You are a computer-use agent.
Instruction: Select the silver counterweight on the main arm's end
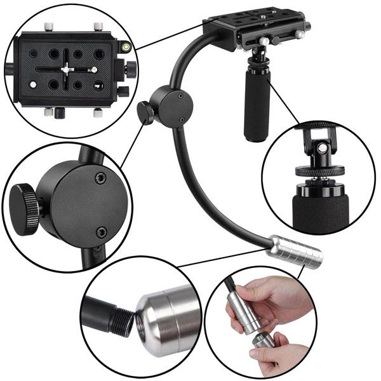click(x=295, y=251)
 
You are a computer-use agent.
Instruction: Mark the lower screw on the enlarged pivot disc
click(x=100, y=234)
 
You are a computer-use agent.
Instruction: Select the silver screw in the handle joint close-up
click(x=323, y=148)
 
